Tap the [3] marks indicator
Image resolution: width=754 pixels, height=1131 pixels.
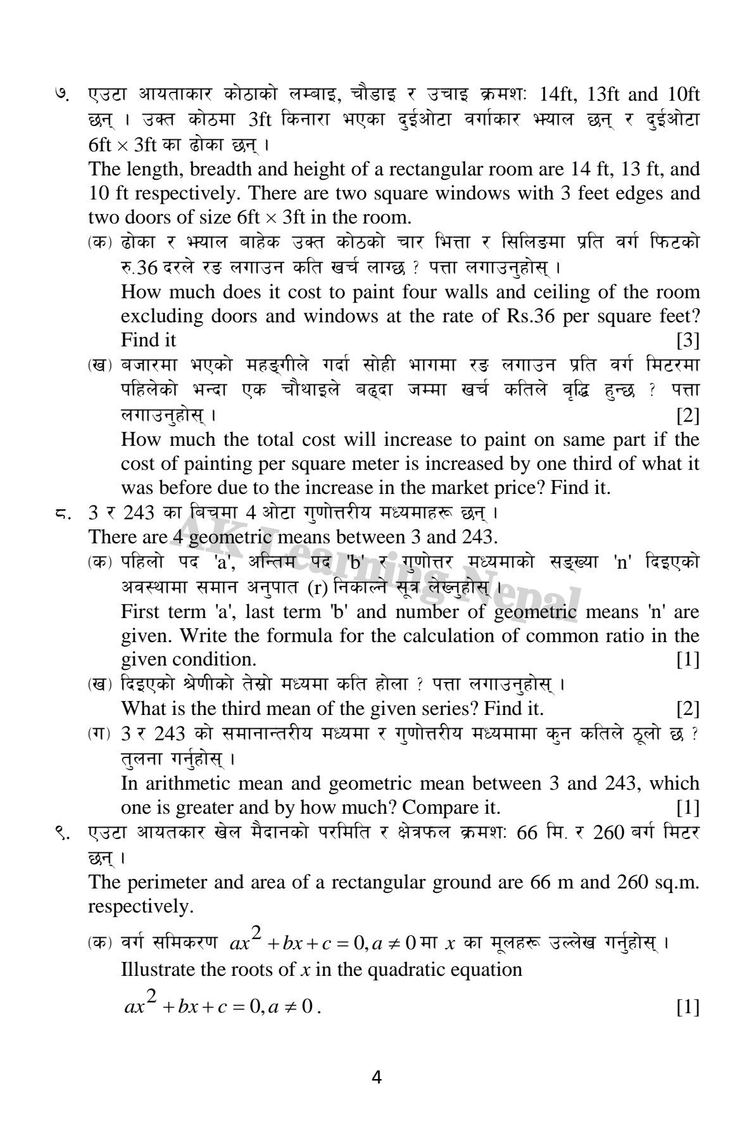click(x=687, y=340)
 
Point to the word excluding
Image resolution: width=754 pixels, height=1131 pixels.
click(x=158, y=316)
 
